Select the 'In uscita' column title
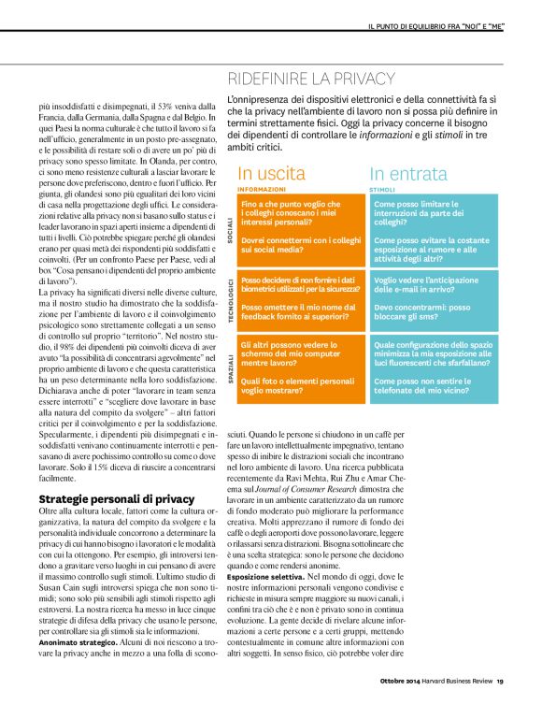click(271, 173)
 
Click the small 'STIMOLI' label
click(381, 189)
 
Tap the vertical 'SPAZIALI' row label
click(231, 369)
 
